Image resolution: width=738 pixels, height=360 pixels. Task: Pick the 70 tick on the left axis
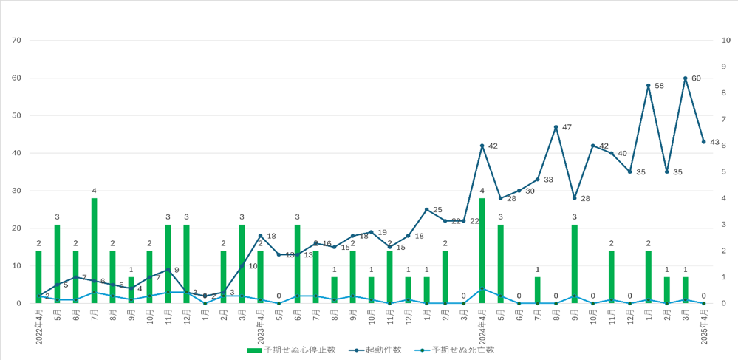(16, 40)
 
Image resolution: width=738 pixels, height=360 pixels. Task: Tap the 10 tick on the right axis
(727, 40)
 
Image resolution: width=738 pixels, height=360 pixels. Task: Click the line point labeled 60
(686, 78)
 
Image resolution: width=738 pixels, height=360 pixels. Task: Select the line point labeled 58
(649, 86)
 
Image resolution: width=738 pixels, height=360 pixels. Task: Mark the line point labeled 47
(556, 127)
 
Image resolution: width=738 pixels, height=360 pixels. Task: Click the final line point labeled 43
(704, 142)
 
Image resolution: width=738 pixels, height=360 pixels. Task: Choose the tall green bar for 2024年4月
(482, 251)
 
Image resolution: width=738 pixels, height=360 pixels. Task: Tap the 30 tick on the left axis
(16, 191)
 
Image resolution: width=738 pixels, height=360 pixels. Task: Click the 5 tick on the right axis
(727, 171)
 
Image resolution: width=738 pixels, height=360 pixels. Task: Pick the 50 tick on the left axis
(16, 115)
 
